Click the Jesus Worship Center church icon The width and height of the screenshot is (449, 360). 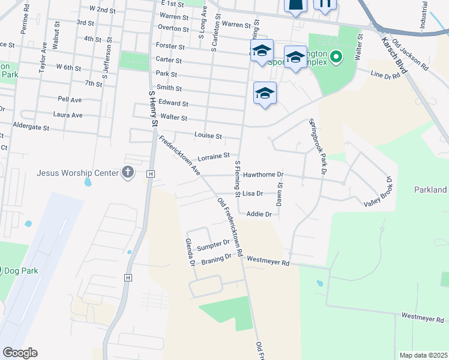point(127,173)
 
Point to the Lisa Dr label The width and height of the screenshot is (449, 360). point(253,194)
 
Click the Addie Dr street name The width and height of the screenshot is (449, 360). point(259,214)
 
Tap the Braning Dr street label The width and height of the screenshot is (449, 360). point(217,257)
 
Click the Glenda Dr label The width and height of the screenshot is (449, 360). point(190,252)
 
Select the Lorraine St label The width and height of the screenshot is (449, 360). point(214,156)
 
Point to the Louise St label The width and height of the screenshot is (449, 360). point(208,136)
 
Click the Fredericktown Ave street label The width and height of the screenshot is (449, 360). point(179,155)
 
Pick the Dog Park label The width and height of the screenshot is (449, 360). point(21,271)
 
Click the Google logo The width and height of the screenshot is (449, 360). point(20,353)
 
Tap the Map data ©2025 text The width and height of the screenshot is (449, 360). point(423,355)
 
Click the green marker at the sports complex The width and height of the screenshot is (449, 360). point(336,58)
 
